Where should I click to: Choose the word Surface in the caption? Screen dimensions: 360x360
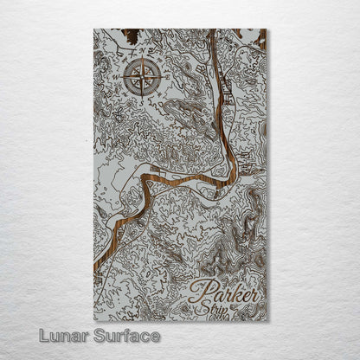point(127,336)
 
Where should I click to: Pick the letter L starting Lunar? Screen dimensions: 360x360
point(43,336)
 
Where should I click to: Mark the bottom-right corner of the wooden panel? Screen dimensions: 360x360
point(267,320)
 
